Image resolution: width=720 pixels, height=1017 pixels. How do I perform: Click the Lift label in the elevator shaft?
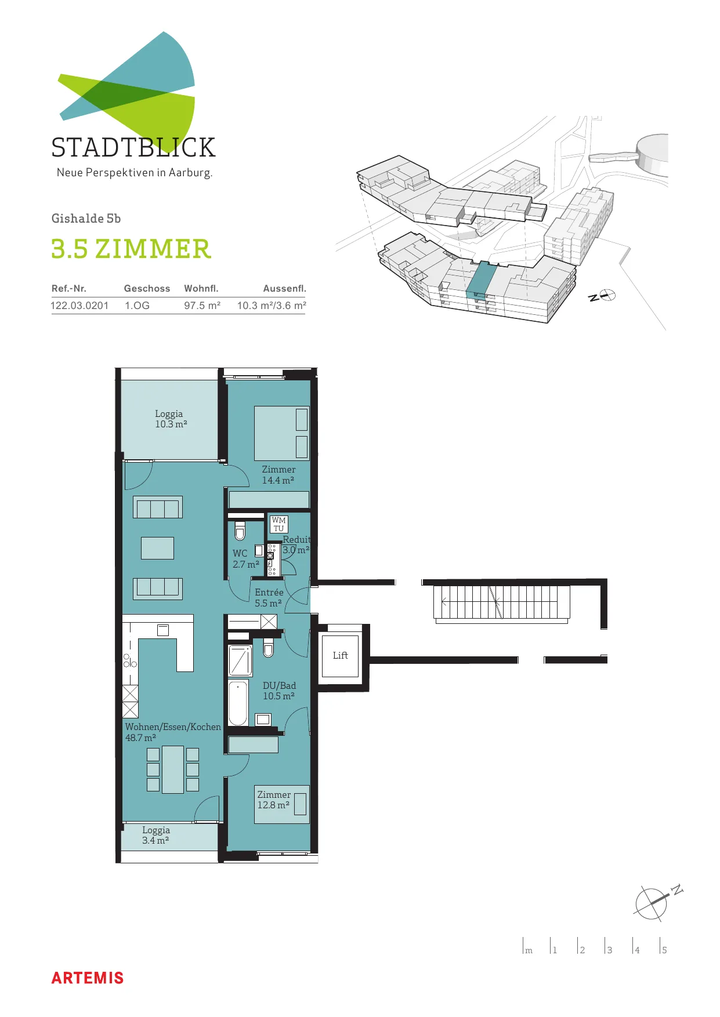[341, 655]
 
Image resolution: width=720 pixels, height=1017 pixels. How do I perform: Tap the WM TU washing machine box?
[279, 524]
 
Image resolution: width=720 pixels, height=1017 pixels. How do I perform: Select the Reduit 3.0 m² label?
[296, 544]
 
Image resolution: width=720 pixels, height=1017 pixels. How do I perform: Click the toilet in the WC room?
[240, 531]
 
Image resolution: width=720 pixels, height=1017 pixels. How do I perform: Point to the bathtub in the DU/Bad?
[238, 703]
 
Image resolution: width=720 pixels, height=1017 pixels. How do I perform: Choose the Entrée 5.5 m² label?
[269, 598]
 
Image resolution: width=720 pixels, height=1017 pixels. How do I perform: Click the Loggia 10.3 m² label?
[171, 419]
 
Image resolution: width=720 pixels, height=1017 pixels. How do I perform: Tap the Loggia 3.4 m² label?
[156, 835]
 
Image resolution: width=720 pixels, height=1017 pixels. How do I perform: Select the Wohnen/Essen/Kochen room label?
[173, 732]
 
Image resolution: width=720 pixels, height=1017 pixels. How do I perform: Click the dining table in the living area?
[173, 769]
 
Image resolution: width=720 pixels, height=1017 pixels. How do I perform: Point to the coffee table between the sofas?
[157, 548]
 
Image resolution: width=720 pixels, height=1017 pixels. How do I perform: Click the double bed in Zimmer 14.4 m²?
[281, 433]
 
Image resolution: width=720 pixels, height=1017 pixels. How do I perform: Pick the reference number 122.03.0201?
[79, 306]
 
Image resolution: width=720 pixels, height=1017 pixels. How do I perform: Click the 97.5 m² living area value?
[202, 306]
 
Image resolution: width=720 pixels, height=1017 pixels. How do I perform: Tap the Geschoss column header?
[147, 288]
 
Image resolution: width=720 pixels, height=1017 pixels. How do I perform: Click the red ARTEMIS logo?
[88, 978]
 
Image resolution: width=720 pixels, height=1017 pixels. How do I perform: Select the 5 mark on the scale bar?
[664, 950]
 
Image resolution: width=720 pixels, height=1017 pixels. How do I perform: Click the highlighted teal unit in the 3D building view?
[482, 279]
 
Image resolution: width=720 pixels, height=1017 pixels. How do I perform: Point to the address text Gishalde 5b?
[86, 218]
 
